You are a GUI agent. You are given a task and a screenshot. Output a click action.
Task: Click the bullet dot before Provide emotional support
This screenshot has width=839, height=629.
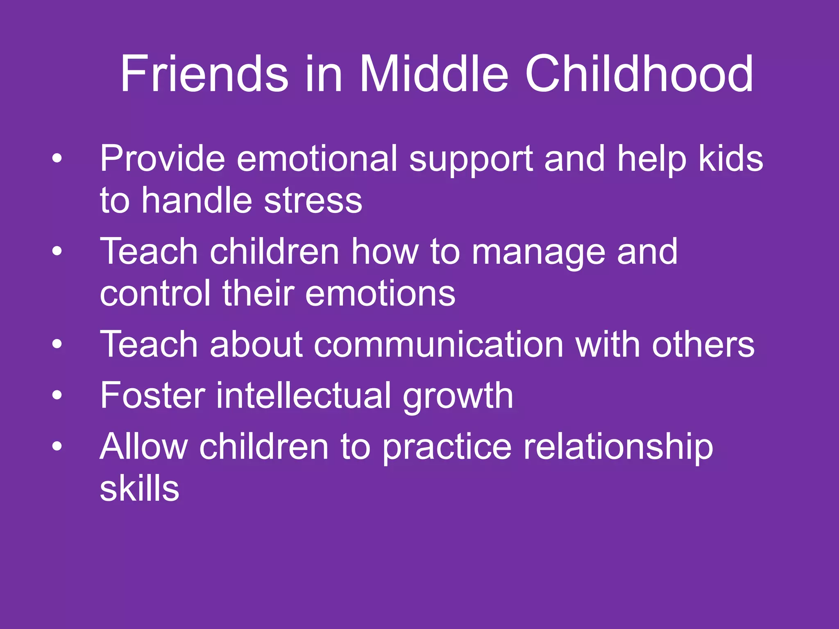[x=57, y=158]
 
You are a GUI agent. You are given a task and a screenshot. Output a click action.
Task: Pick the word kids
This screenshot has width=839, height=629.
[x=731, y=158]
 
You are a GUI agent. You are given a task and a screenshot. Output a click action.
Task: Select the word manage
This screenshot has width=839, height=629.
[x=539, y=252]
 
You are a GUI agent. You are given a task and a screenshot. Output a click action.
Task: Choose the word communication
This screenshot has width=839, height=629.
[x=439, y=345]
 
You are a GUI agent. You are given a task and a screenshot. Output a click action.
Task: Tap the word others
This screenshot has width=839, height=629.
[x=703, y=345]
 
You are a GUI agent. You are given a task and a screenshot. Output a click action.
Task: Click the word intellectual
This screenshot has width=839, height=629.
[x=304, y=396]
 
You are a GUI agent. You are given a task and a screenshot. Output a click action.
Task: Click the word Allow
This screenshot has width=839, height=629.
[x=144, y=447]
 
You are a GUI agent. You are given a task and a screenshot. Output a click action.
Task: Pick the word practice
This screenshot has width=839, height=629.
[x=447, y=448]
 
